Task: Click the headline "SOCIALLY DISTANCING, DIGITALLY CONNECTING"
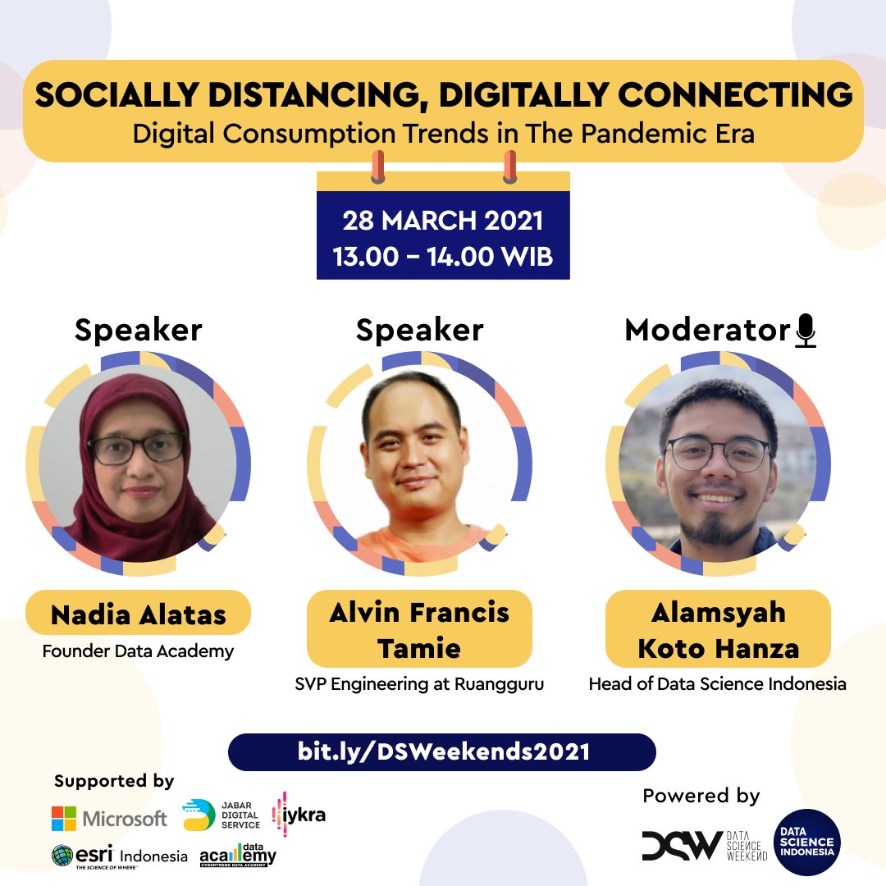click(x=443, y=95)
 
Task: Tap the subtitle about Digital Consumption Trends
click(x=443, y=133)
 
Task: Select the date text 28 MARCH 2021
click(x=443, y=221)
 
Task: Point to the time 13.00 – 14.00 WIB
click(x=443, y=256)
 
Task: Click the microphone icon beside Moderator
click(x=806, y=331)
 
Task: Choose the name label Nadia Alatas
click(x=138, y=614)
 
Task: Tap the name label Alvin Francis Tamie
click(x=419, y=629)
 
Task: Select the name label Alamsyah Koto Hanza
click(x=718, y=629)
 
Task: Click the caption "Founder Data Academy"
click(x=138, y=652)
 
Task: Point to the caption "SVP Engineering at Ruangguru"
click(x=419, y=683)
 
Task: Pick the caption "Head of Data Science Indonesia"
click(x=717, y=683)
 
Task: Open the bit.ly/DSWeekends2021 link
click(x=443, y=751)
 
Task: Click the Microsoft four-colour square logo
click(x=64, y=818)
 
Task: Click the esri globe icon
click(x=62, y=856)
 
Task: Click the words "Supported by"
click(x=114, y=781)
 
